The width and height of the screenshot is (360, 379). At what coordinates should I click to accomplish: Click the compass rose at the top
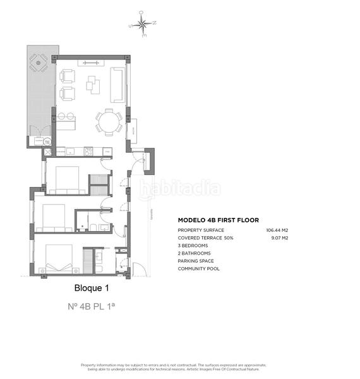click(x=144, y=25)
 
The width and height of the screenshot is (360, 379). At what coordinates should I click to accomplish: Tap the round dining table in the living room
click(x=110, y=121)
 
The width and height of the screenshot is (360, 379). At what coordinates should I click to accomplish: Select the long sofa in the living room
click(x=117, y=85)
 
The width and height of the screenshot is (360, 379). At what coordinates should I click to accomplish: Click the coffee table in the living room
click(x=93, y=83)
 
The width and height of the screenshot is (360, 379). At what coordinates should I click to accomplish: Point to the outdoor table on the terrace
click(x=39, y=63)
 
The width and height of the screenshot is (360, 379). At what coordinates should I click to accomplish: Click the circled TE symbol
click(x=47, y=142)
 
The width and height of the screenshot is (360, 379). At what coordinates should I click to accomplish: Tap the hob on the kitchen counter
click(x=88, y=151)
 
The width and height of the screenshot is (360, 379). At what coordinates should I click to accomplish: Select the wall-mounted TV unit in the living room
click(x=88, y=63)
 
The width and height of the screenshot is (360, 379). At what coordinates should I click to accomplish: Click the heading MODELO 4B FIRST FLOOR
click(x=218, y=220)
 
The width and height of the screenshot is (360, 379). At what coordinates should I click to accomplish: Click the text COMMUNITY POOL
click(x=197, y=268)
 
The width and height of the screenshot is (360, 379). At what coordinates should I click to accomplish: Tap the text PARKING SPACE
click(x=196, y=261)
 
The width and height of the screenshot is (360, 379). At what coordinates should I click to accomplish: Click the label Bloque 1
click(x=92, y=288)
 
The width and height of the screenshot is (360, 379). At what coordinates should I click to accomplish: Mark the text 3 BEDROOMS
click(x=193, y=246)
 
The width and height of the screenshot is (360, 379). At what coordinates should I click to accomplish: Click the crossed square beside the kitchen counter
click(x=47, y=152)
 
